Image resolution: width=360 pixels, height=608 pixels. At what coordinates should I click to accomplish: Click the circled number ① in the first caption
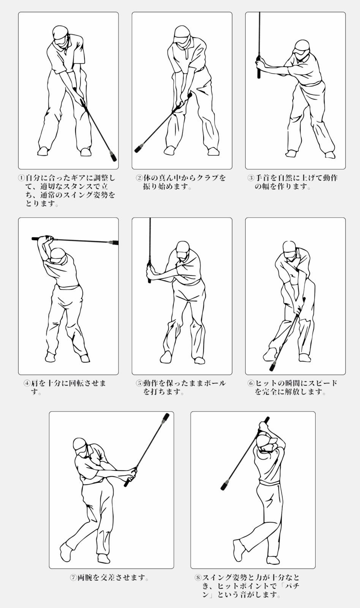[21, 178]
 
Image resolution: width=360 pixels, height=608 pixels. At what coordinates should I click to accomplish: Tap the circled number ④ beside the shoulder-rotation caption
[27, 383]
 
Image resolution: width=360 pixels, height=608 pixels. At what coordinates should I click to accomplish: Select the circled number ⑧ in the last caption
[198, 577]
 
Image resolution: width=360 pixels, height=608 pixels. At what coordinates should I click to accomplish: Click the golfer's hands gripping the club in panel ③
[259, 64]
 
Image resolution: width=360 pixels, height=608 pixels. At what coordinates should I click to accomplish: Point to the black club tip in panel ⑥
[272, 367]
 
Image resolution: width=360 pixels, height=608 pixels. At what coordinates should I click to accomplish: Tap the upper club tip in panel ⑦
[166, 417]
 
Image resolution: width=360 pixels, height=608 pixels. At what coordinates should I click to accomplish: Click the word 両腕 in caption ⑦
[85, 578]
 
